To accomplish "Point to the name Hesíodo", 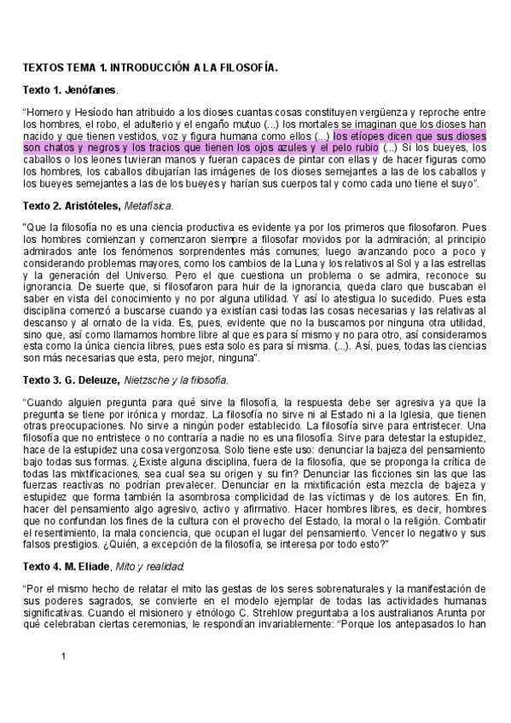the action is pos(96,113).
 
